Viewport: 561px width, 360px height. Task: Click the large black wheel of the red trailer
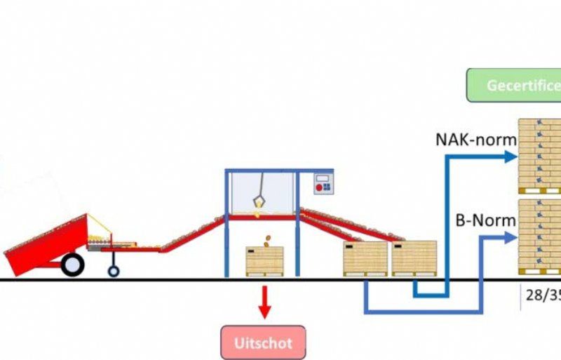tap(72, 264)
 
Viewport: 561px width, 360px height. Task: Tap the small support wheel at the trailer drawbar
tap(113, 270)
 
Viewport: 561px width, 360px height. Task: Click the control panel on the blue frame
tap(324, 183)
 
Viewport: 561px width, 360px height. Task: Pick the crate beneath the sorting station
tap(264, 261)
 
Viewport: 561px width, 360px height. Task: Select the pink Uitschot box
tap(264, 343)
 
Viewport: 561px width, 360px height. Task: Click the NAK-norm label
tap(475, 139)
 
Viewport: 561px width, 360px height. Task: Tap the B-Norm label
tap(485, 220)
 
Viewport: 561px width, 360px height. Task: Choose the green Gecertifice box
tap(514, 85)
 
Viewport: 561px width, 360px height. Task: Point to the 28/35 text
tap(543, 295)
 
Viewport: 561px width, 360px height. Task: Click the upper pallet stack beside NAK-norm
tap(540, 156)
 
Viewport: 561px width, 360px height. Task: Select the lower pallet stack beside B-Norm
tap(540, 236)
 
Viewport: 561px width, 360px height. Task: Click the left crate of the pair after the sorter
tap(365, 258)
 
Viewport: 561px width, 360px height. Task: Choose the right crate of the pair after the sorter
tap(414, 258)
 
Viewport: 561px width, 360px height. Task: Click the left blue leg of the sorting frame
tap(227, 225)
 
